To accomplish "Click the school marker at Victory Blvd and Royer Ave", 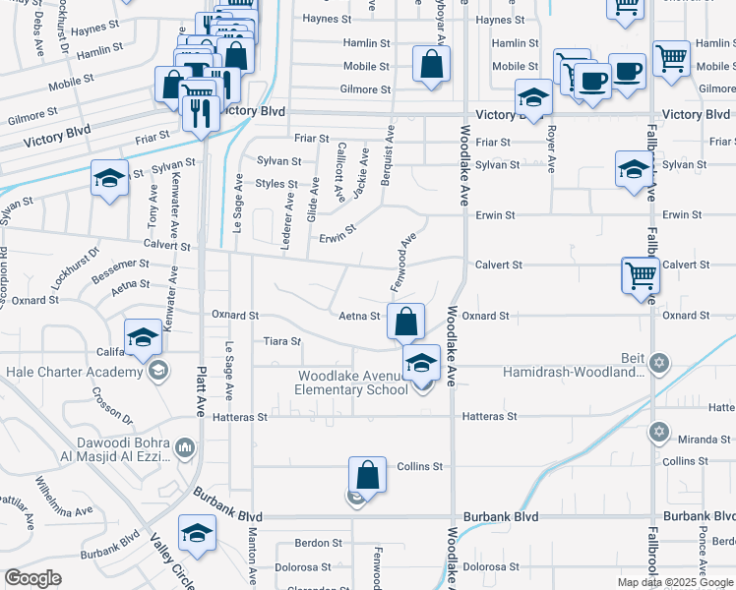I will pyautogui.click(x=533, y=98).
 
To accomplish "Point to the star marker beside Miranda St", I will pyautogui.click(x=660, y=433).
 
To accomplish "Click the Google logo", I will pyautogui.click(x=33, y=578).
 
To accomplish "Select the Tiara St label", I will pyautogui.click(x=281, y=341).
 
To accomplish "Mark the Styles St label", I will pyautogui.click(x=276, y=184).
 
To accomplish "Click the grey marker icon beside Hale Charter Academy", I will pyautogui.click(x=157, y=372).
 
